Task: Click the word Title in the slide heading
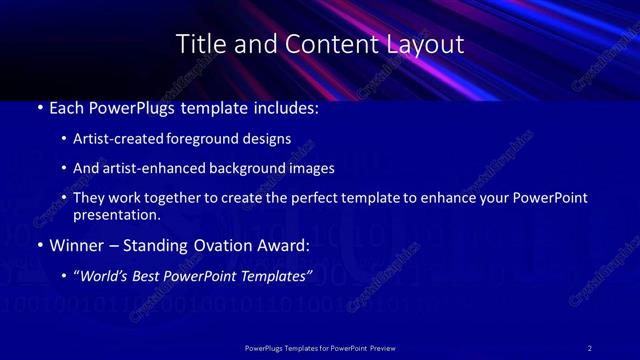198,44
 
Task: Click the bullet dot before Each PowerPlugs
39,105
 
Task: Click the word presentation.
117,214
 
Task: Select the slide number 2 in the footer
589,348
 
